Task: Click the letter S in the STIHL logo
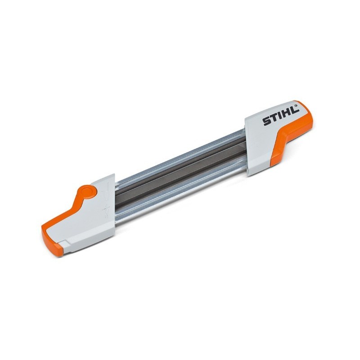click(267, 121)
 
